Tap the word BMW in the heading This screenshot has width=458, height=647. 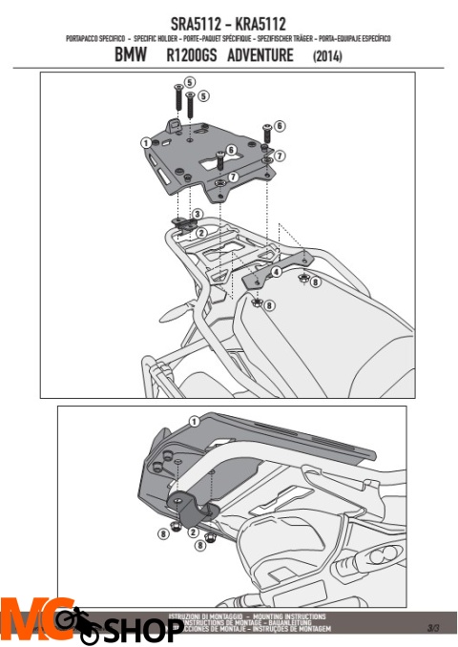tap(132, 56)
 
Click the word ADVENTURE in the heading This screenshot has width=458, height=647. tap(260, 56)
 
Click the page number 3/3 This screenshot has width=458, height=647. tap(433, 628)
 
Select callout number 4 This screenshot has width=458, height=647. tap(275, 272)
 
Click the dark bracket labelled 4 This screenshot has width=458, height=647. tap(257, 281)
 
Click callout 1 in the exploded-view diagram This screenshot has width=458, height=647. tap(144, 143)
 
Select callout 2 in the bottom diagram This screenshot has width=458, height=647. tap(193, 531)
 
